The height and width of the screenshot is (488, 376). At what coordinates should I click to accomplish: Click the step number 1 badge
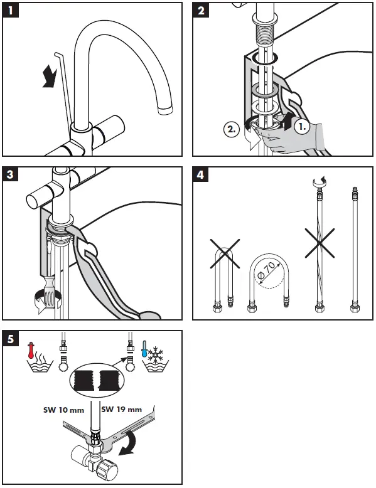[11, 11]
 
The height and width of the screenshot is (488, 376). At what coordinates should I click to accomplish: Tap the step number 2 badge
[201, 10]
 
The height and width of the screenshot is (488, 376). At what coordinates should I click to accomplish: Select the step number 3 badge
[10, 174]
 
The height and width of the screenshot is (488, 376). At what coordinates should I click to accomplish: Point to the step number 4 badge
[201, 174]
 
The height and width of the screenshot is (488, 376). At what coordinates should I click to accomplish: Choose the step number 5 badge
[11, 338]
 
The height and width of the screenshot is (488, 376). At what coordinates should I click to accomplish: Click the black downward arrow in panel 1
[50, 77]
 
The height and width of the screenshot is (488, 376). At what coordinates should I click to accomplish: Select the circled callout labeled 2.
[232, 129]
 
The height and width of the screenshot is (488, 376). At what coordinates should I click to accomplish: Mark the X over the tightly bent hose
[225, 253]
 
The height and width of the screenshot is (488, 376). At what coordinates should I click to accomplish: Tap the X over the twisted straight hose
[320, 243]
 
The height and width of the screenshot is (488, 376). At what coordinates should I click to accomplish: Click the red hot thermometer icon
[31, 351]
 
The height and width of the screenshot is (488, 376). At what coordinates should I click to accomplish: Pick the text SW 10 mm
[63, 410]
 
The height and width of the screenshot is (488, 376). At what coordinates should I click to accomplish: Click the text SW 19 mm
[122, 409]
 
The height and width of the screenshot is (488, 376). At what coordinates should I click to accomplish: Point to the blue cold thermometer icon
[144, 349]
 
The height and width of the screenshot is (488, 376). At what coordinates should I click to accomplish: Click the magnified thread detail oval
[97, 380]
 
